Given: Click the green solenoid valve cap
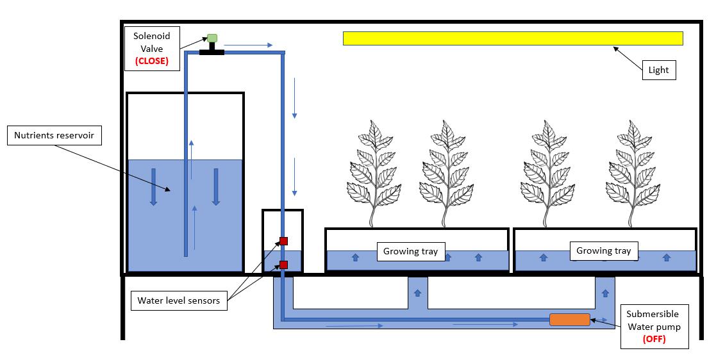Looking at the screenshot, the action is point(212,38).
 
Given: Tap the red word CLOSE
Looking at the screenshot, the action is point(152,61).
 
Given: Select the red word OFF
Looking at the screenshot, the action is point(654,339).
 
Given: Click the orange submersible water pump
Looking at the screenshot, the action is point(569,320).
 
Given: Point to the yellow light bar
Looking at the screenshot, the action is point(513,38).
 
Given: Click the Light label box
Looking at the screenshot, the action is point(659,70).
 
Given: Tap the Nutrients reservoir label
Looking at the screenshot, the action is point(54,136).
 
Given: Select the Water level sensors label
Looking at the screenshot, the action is point(179,300).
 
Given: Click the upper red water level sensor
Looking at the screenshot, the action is point(283,241).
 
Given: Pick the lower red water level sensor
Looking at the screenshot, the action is point(283,265).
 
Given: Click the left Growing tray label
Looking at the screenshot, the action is point(410,251).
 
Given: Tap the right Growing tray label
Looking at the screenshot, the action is point(604,250).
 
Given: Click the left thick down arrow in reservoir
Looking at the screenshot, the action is point(153,187).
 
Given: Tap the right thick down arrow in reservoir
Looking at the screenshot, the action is point(216,187).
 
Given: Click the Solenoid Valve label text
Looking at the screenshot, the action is point(152,42).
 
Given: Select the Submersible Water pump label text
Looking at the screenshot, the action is point(653,320).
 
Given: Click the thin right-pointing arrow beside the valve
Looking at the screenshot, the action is point(249,45).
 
